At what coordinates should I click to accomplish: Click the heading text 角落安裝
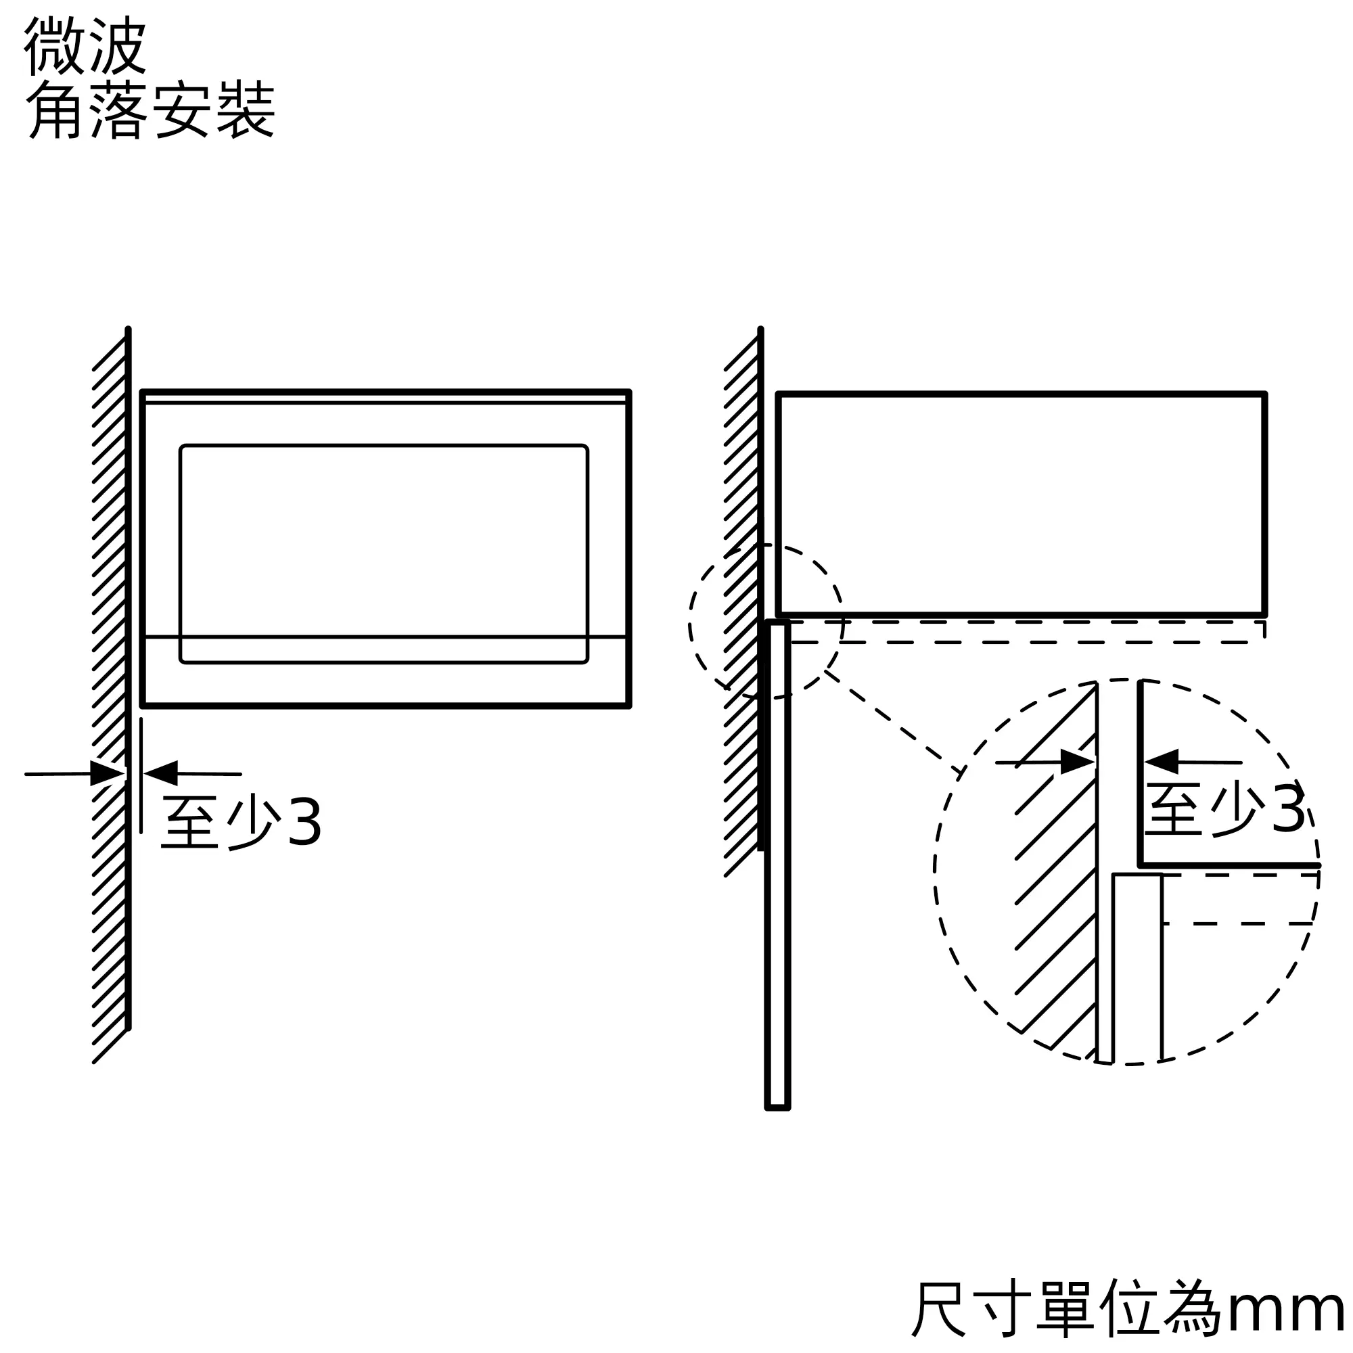click(151, 110)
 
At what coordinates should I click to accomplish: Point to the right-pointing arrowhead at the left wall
click(107, 774)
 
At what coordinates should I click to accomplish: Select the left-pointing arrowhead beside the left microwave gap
click(161, 773)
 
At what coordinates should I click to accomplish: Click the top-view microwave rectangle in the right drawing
click(1021, 504)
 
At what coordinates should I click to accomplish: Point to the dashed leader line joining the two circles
click(893, 721)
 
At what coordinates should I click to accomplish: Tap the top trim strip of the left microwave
click(385, 398)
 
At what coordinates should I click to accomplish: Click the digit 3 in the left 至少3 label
click(304, 822)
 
